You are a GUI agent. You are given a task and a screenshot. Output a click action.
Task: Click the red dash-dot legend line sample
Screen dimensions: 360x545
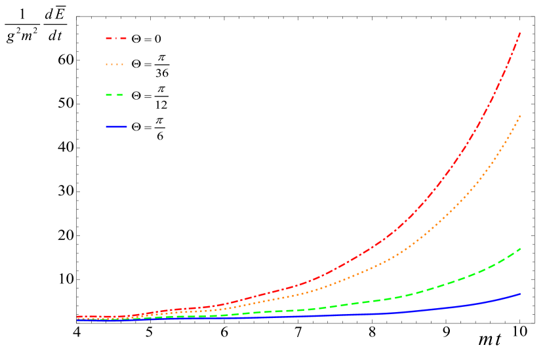[116, 39]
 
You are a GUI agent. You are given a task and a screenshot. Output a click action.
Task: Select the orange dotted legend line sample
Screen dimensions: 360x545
[114, 64]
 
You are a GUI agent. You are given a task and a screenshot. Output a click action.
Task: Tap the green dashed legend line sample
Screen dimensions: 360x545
[114, 95]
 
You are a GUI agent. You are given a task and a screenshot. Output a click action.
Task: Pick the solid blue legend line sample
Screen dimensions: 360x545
[116, 127]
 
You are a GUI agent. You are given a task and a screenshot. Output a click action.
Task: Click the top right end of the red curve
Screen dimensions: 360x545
[520, 32]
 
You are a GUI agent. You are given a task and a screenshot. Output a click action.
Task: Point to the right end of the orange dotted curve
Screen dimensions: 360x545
[520, 115]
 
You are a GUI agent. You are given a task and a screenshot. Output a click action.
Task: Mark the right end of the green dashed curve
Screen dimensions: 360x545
[520, 249]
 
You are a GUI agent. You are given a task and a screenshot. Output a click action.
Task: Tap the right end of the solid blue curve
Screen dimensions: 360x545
[520, 294]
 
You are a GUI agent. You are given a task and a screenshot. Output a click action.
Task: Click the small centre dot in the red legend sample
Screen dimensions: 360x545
[116, 39]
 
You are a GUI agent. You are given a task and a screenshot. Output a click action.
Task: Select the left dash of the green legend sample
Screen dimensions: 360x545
[109, 95]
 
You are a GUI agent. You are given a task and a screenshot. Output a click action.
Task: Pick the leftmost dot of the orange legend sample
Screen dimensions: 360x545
[107, 64]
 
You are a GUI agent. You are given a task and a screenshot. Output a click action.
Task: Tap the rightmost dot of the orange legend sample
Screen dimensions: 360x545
[122, 64]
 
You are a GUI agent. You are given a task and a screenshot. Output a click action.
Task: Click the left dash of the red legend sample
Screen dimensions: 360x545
[110, 39]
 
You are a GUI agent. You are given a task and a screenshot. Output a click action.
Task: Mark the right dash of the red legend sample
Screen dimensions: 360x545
[123, 39]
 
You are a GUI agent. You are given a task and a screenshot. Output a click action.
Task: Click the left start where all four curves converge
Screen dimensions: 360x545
[79, 318]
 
